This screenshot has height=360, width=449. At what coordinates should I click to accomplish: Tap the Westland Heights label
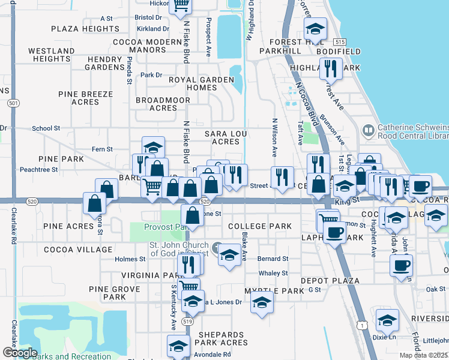(51, 55)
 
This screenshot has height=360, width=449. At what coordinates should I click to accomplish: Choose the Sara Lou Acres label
(222, 137)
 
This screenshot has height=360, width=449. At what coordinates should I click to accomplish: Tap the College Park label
(260, 227)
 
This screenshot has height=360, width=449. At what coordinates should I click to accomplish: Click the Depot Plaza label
(331, 281)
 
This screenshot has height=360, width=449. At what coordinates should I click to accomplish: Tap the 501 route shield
(13, 103)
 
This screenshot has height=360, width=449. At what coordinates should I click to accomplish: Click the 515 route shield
(340, 41)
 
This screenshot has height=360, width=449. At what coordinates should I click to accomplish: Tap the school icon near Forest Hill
(315, 28)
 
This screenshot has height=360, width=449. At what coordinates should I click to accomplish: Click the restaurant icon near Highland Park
(330, 68)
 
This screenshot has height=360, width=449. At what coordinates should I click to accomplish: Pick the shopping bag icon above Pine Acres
(95, 203)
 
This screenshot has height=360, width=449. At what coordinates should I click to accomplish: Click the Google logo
(19, 353)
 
